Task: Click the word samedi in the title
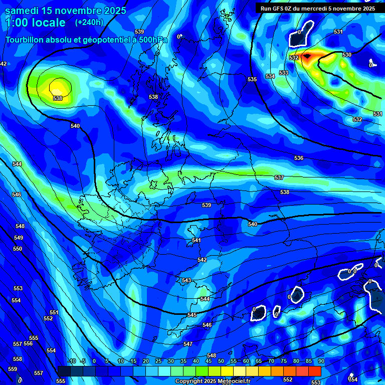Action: click(23, 11)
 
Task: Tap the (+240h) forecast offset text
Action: click(89, 22)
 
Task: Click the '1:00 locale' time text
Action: click(35, 23)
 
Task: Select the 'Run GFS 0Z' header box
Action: click(318, 8)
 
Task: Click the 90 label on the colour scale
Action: click(321, 361)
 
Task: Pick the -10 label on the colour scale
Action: click(71, 361)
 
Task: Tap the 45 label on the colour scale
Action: click(209, 361)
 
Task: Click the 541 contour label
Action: click(197, 241)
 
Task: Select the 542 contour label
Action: click(202, 260)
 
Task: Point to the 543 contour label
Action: click(186, 280)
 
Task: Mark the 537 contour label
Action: click(279, 178)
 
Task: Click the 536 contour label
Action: click(299, 158)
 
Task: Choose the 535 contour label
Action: click(252, 80)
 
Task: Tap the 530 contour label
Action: click(347, 55)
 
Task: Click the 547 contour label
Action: click(188, 344)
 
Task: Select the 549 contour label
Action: click(19, 238)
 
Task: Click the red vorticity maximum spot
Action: click(307, 56)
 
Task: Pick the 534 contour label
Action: click(270, 76)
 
